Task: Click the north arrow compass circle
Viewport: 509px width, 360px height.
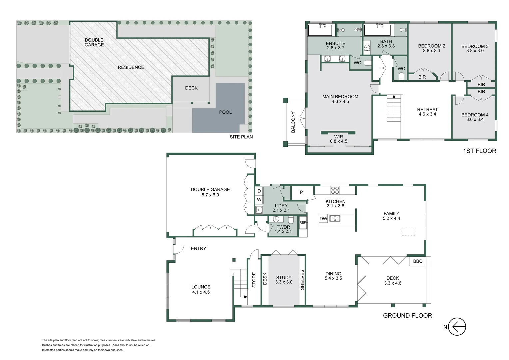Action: [x=457, y=327]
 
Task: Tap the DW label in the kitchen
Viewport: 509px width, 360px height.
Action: [x=323, y=219]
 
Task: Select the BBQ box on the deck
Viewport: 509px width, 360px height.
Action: [x=418, y=261]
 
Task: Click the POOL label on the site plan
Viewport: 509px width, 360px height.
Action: [x=225, y=112]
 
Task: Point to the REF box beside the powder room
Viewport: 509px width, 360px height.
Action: [x=303, y=223]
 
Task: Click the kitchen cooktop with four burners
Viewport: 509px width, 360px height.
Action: [x=335, y=190]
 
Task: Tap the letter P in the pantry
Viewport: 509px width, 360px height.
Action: [x=301, y=192]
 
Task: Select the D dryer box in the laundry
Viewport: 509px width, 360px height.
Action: [x=259, y=191]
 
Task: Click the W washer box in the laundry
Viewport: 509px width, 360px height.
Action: [x=259, y=200]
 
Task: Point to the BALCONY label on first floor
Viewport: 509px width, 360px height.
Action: [x=293, y=122]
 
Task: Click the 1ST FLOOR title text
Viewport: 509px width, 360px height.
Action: [x=479, y=151]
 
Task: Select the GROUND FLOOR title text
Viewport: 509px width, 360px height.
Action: [x=407, y=316]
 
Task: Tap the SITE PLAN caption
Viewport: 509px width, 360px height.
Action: [x=241, y=137]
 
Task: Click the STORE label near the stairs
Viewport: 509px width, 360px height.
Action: [x=254, y=280]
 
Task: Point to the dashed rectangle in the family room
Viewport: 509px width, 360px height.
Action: [x=408, y=232]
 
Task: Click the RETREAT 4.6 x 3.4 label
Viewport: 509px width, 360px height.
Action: [x=427, y=112]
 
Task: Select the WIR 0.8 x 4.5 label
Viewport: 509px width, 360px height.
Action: [x=338, y=139]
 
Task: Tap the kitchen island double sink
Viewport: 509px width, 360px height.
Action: [x=335, y=219]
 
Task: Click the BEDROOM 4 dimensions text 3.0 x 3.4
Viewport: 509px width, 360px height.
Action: [x=475, y=119]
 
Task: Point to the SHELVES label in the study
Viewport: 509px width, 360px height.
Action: [x=302, y=280]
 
